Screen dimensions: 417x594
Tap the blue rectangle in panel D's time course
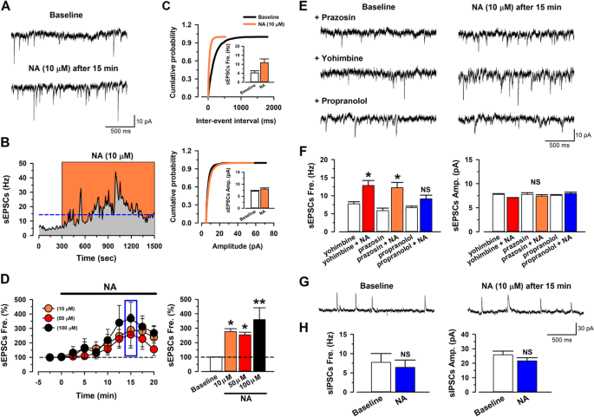tap(130, 328)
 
